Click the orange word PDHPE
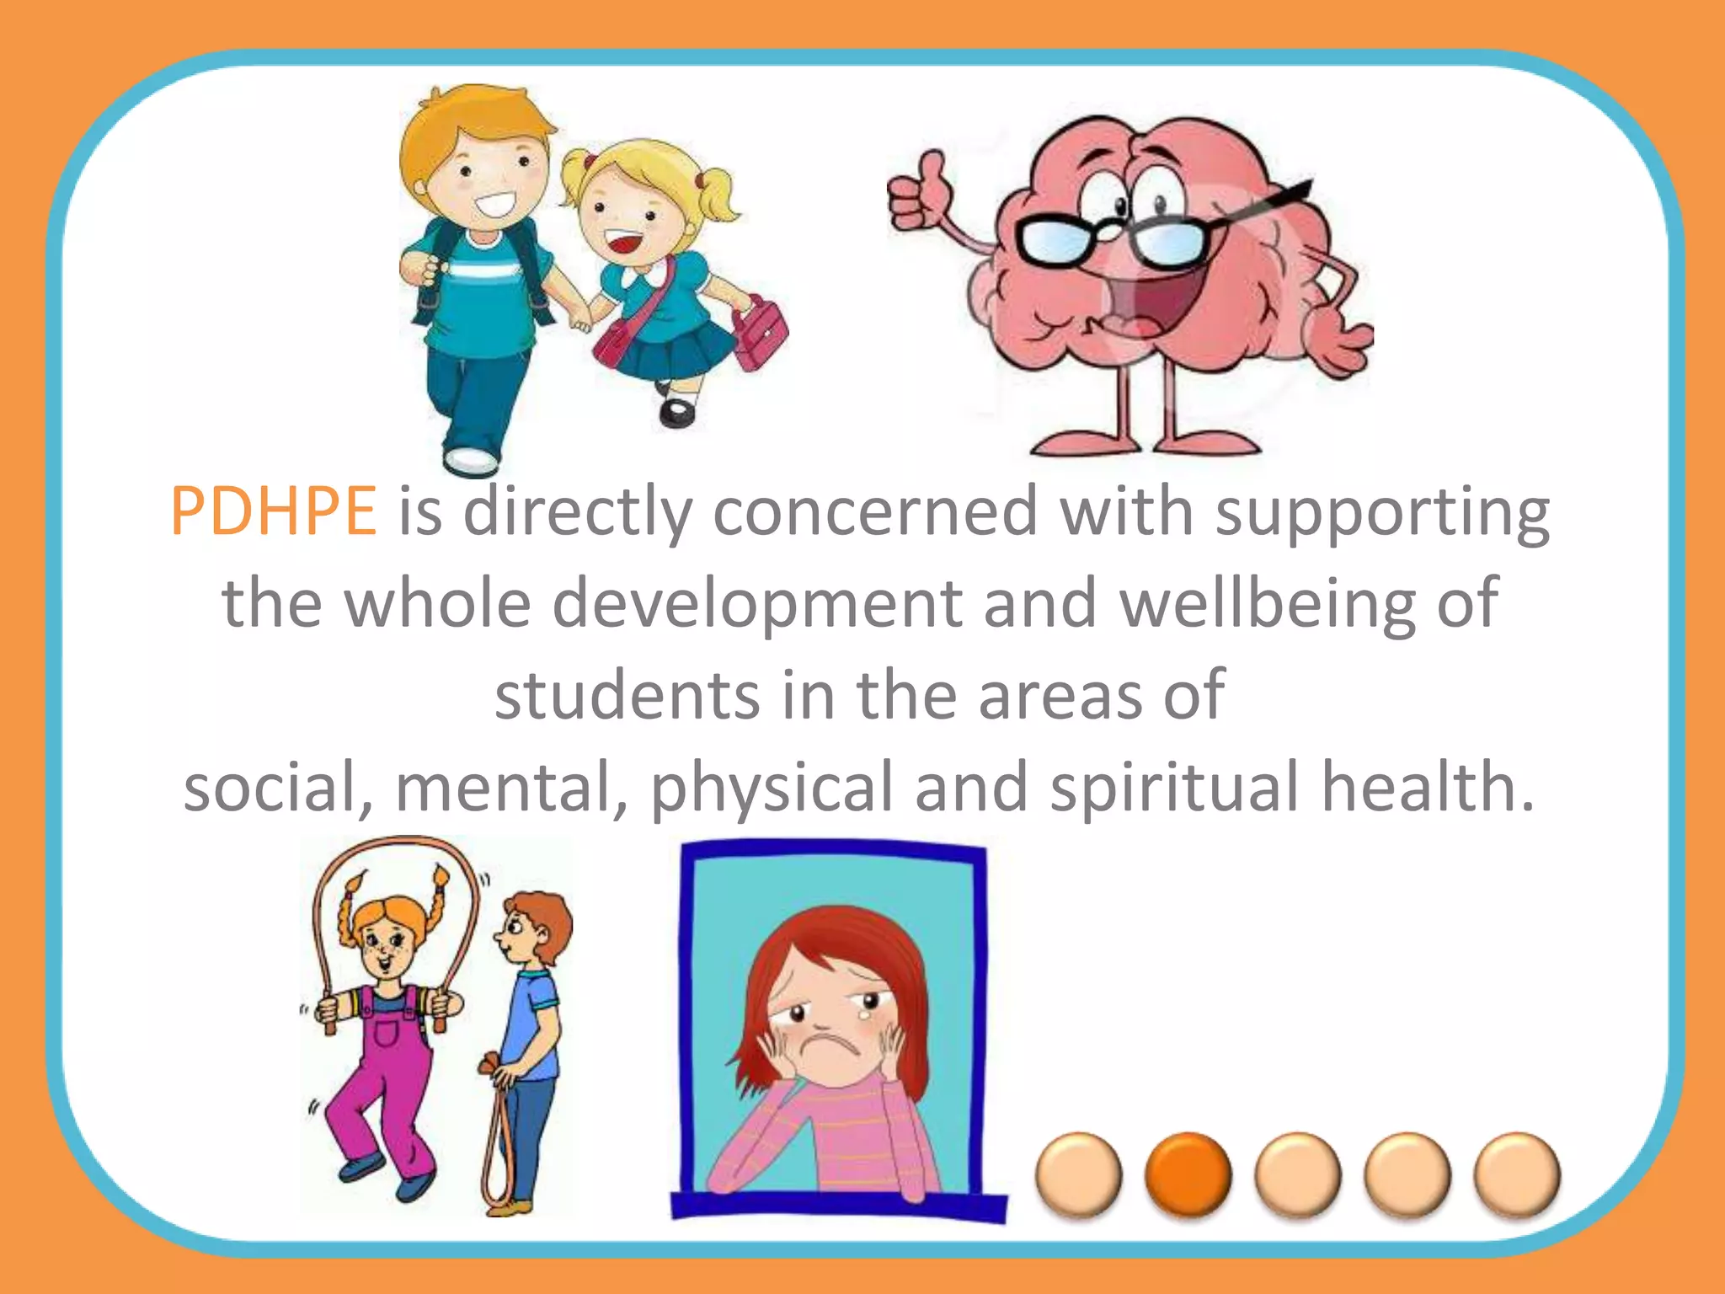273,511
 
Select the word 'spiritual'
1175,787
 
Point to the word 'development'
756,603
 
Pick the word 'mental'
510,787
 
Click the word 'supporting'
1381,511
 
